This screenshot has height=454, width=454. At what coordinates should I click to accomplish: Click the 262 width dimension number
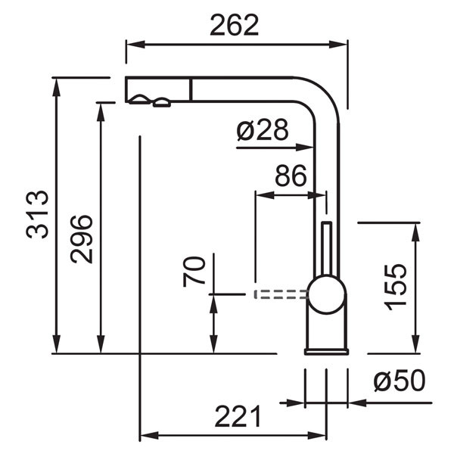[x=235, y=25]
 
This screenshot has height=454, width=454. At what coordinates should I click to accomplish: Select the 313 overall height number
[x=37, y=214]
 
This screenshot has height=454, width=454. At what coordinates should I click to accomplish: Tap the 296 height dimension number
[x=82, y=239]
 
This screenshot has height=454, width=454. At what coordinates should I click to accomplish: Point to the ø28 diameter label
[x=263, y=129]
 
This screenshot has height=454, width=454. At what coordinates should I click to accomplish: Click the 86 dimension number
[x=291, y=176]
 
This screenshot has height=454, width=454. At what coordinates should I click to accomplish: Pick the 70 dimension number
[x=194, y=272]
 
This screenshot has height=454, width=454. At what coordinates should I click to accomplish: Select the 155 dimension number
[x=395, y=287]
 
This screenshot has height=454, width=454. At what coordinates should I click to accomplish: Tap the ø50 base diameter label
[x=400, y=380]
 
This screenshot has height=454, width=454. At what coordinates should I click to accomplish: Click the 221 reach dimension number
[x=238, y=416]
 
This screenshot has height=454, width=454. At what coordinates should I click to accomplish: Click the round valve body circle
[x=327, y=294]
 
